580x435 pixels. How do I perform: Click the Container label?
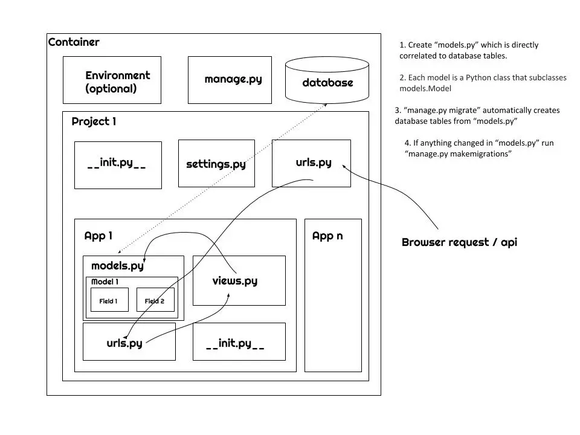[x=74, y=42]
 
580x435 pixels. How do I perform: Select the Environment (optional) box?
[x=112, y=80]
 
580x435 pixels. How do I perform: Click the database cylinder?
[x=327, y=81]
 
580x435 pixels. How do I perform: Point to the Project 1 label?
[x=94, y=121]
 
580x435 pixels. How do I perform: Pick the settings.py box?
[x=216, y=164]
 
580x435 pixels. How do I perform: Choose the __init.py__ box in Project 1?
[x=118, y=164]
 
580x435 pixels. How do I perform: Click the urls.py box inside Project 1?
[x=311, y=163]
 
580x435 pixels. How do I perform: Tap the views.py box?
[x=239, y=280]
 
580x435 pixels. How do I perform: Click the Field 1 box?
[x=109, y=300]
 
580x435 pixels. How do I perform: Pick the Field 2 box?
[x=155, y=300]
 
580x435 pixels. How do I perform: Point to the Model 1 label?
[x=105, y=282]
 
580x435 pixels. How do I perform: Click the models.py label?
[x=117, y=266]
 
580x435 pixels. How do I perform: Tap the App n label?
[x=327, y=236]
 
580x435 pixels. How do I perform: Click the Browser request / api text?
[x=459, y=242]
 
